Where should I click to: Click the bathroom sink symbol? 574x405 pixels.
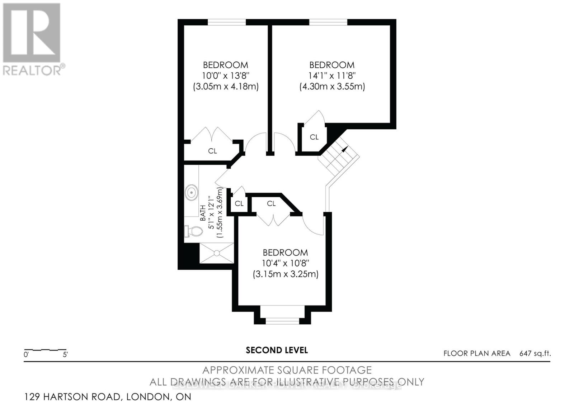[x=192, y=192]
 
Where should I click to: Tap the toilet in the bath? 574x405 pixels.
[x=193, y=231]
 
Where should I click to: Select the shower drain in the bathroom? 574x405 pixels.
[x=217, y=253]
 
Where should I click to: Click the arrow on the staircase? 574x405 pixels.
[x=345, y=149]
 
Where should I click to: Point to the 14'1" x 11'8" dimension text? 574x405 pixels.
[x=332, y=76]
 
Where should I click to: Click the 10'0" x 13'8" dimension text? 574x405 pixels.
[x=225, y=76]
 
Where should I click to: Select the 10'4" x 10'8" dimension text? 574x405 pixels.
[x=285, y=263]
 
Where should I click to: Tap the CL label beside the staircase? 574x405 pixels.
[x=314, y=137]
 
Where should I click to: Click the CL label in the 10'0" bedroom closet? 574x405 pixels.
[x=212, y=151]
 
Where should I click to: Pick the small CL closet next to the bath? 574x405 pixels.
[x=239, y=203]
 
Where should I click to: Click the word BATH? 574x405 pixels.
[x=203, y=213]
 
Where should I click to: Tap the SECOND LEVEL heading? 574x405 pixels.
[x=277, y=350]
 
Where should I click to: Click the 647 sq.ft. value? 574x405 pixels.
[x=535, y=353]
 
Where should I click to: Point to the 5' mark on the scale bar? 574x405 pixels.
[x=65, y=355]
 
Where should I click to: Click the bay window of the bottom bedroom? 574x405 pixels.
[x=282, y=321]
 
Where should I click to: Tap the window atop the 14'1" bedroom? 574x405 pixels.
[x=328, y=22]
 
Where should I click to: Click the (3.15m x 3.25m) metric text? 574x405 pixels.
[x=285, y=274]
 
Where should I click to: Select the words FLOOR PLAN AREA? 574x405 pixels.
[x=477, y=353]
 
